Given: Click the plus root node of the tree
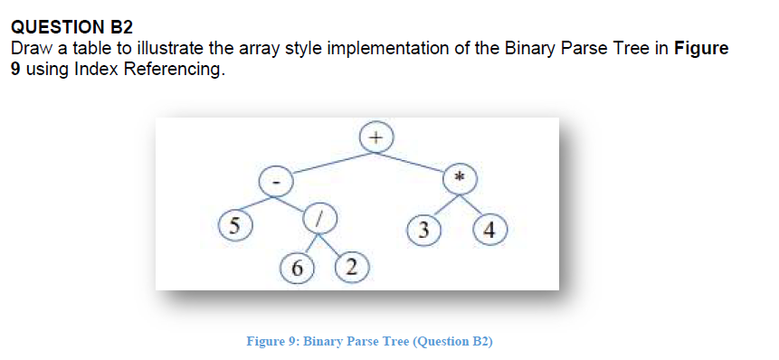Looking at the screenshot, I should pyautogui.click(x=377, y=137).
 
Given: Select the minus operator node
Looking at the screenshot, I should pyautogui.click(x=276, y=181).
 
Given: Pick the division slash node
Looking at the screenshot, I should pyautogui.click(x=318, y=217).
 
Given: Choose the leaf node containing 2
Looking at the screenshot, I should pyautogui.click(x=351, y=266).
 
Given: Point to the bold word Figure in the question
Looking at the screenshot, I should pyautogui.click(x=701, y=48).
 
